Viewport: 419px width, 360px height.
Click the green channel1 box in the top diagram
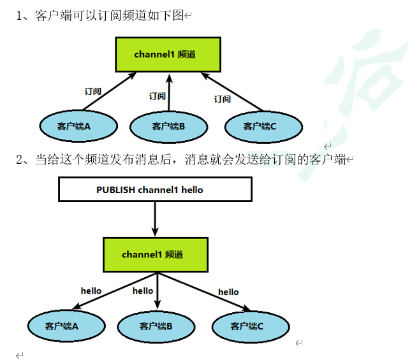coord(168,54)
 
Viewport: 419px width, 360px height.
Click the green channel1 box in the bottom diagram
coord(156,254)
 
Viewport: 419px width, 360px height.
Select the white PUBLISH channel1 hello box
coord(155,189)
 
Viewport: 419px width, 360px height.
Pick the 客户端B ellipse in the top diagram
coord(168,126)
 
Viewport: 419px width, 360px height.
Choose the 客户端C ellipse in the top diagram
coord(263,126)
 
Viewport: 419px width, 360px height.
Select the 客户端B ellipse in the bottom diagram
coord(156,326)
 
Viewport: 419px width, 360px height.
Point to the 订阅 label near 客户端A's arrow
coord(93,92)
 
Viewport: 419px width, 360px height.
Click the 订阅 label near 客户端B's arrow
coord(158,96)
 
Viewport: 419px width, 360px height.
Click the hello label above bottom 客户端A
coord(91,291)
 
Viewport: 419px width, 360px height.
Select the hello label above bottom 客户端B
coord(143,291)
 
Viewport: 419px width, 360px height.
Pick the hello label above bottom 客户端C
coord(228,292)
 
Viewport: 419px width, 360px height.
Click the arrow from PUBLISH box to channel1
coord(156,219)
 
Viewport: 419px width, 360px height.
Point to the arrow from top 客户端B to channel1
coord(169,92)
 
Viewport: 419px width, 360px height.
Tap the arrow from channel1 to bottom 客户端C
coord(204,292)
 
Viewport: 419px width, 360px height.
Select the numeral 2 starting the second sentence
coord(18,159)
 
